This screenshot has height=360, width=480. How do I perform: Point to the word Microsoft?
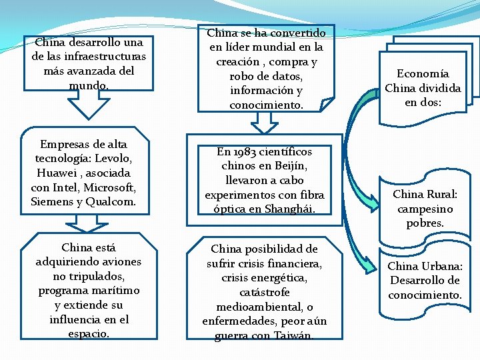[108, 187]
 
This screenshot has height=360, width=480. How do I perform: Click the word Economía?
[423, 73]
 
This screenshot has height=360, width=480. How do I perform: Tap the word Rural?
[440, 194]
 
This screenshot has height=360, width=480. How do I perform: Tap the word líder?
[239, 47]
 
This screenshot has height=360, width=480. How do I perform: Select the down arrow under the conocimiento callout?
[265, 122]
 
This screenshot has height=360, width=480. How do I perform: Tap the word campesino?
[425, 209]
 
